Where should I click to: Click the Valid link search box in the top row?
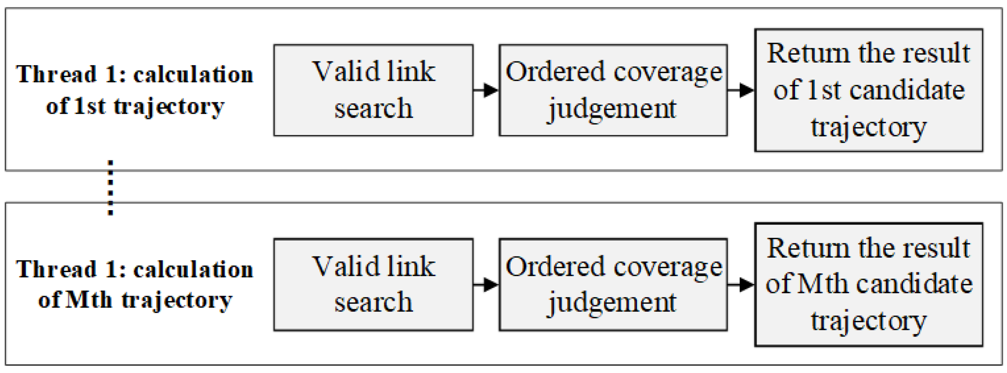tap(373, 91)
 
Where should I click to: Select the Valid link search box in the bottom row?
tap(373, 284)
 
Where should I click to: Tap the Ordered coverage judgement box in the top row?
tap(613, 91)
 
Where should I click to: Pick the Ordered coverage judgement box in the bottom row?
tap(613, 284)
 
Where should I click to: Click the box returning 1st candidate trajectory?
tap(869, 90)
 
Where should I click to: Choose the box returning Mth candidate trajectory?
tap(869, 284)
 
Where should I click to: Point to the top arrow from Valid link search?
tap(486, 90)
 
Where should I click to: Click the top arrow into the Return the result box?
tap(741, 90)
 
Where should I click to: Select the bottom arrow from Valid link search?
tap(486, 284)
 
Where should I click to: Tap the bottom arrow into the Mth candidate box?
tap(741, 284)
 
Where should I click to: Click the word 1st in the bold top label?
tap(90, 106)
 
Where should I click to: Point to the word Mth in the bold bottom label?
tap(89, 301)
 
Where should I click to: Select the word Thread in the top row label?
tap(56, 74)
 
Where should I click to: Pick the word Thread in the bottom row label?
tap(56, 269)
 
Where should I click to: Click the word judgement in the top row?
tap(612, 110)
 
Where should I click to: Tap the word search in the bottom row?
tap(373, 303)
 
